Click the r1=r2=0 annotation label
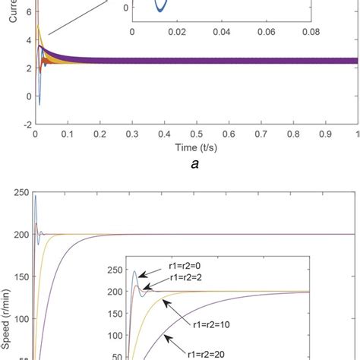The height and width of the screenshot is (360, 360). click(187, 268)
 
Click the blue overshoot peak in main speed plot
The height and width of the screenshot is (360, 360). click(35, 197)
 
